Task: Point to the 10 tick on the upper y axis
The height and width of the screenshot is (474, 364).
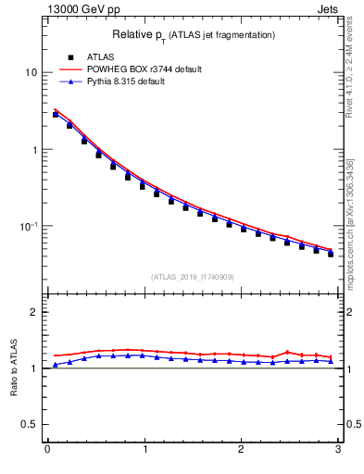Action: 32,72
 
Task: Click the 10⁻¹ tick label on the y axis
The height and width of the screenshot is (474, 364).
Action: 30,227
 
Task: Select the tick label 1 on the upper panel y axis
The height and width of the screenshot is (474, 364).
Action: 35,150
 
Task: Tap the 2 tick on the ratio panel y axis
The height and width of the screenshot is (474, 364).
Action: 35,312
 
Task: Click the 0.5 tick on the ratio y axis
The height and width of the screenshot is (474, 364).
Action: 31,424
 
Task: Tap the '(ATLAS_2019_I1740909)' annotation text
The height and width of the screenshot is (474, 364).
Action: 193,277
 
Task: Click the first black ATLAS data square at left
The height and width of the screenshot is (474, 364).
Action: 56,115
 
